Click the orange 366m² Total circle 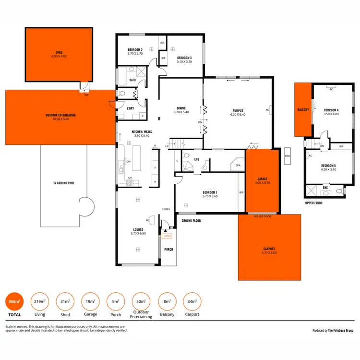click(x=14, y=301)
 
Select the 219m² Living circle click(x=39, y=301)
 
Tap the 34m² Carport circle click(x=192, y=301)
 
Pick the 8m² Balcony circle click(x=167, y=301)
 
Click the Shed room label click(x=59, y=52)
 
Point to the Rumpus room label click(x=238, y=111)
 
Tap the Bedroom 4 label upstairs click(x=331, y=110)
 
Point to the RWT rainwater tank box click(x=288, y=156)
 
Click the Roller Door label click(x=262, y=216)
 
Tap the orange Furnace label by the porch click(x=167, y=236)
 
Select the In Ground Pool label click(x=64, y=183)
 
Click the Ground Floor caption click(x=191, y=221)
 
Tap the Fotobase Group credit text click(x=333, y=331)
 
